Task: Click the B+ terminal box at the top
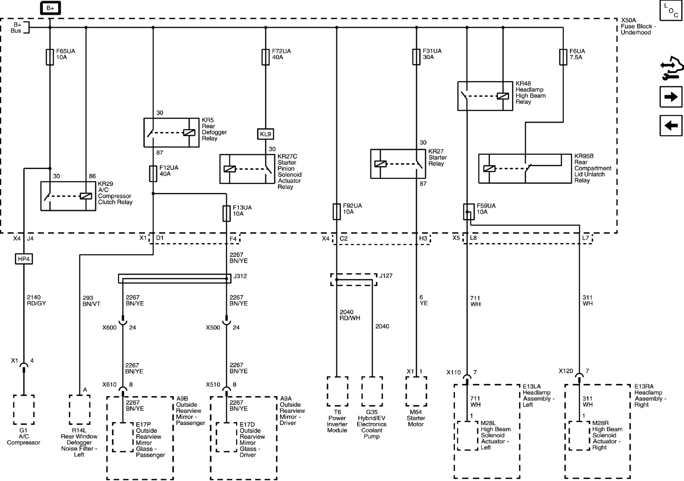[x=50, y=8]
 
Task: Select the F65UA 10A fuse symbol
[x=50, y=57]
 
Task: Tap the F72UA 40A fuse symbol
[x=266, y=57]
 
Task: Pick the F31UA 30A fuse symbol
[x=416, y=57]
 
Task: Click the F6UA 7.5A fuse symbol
[x=563, y=57]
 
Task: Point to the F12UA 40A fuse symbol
[x=153, y=174]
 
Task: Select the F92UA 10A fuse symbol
[x=337, y=211]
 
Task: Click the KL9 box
[x=266, y=134]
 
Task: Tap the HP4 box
[x=24, y=259]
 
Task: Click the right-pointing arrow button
[x=671, y=97]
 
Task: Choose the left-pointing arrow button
[x=671, y=125]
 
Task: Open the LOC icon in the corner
[x=671, y=11]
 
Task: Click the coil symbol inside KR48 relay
[x=503, y=96]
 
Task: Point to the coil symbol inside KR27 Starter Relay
[x=380, y=164]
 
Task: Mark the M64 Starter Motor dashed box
[x=416, y=391]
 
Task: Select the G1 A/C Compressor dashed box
[x=24, y=410]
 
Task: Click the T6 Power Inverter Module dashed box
[x=337, y=391]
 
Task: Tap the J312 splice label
[x=240, y=276]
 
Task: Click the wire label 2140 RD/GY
[x=36, y=300]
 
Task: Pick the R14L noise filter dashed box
[x=79, y=410]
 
